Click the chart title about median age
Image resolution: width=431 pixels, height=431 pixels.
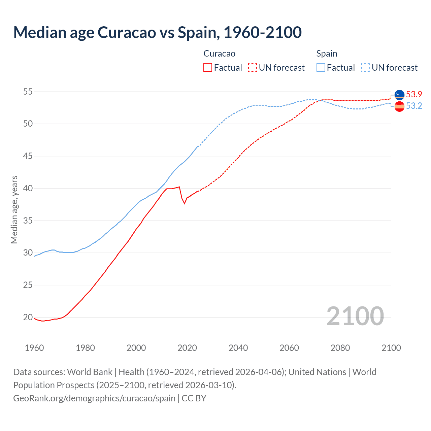[157, 33]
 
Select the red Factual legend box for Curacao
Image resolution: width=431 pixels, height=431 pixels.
[208, 68]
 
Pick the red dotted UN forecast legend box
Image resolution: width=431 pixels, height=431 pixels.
[253, 68]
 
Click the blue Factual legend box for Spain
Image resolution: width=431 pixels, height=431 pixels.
[321, 68]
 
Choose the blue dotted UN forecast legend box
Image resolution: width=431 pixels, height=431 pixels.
[366, 68]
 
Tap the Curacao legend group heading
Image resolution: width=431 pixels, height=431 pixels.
[219, 54]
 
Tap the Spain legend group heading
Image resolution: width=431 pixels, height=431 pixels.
[327, 54]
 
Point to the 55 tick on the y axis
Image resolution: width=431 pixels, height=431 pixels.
[28, 92]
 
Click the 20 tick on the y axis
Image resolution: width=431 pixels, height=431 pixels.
[28, 317]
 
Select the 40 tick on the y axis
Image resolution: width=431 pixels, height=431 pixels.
[28, 188]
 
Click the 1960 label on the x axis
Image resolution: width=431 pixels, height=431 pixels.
[34, 348]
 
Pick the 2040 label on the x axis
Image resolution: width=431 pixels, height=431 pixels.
[238, 348]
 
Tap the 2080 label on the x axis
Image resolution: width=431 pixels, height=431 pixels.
[340, 348]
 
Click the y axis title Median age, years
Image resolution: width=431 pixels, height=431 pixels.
[14, 209]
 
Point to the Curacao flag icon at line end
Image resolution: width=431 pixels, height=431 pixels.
[399, 95]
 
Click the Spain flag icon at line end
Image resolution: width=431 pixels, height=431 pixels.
[399, 106]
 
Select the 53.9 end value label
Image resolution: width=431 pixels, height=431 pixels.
[414, 94]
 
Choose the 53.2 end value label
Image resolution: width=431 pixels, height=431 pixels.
[414, 106]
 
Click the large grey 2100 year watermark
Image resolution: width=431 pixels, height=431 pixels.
[355, 316]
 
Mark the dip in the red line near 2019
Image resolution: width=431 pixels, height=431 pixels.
[184, 203]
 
